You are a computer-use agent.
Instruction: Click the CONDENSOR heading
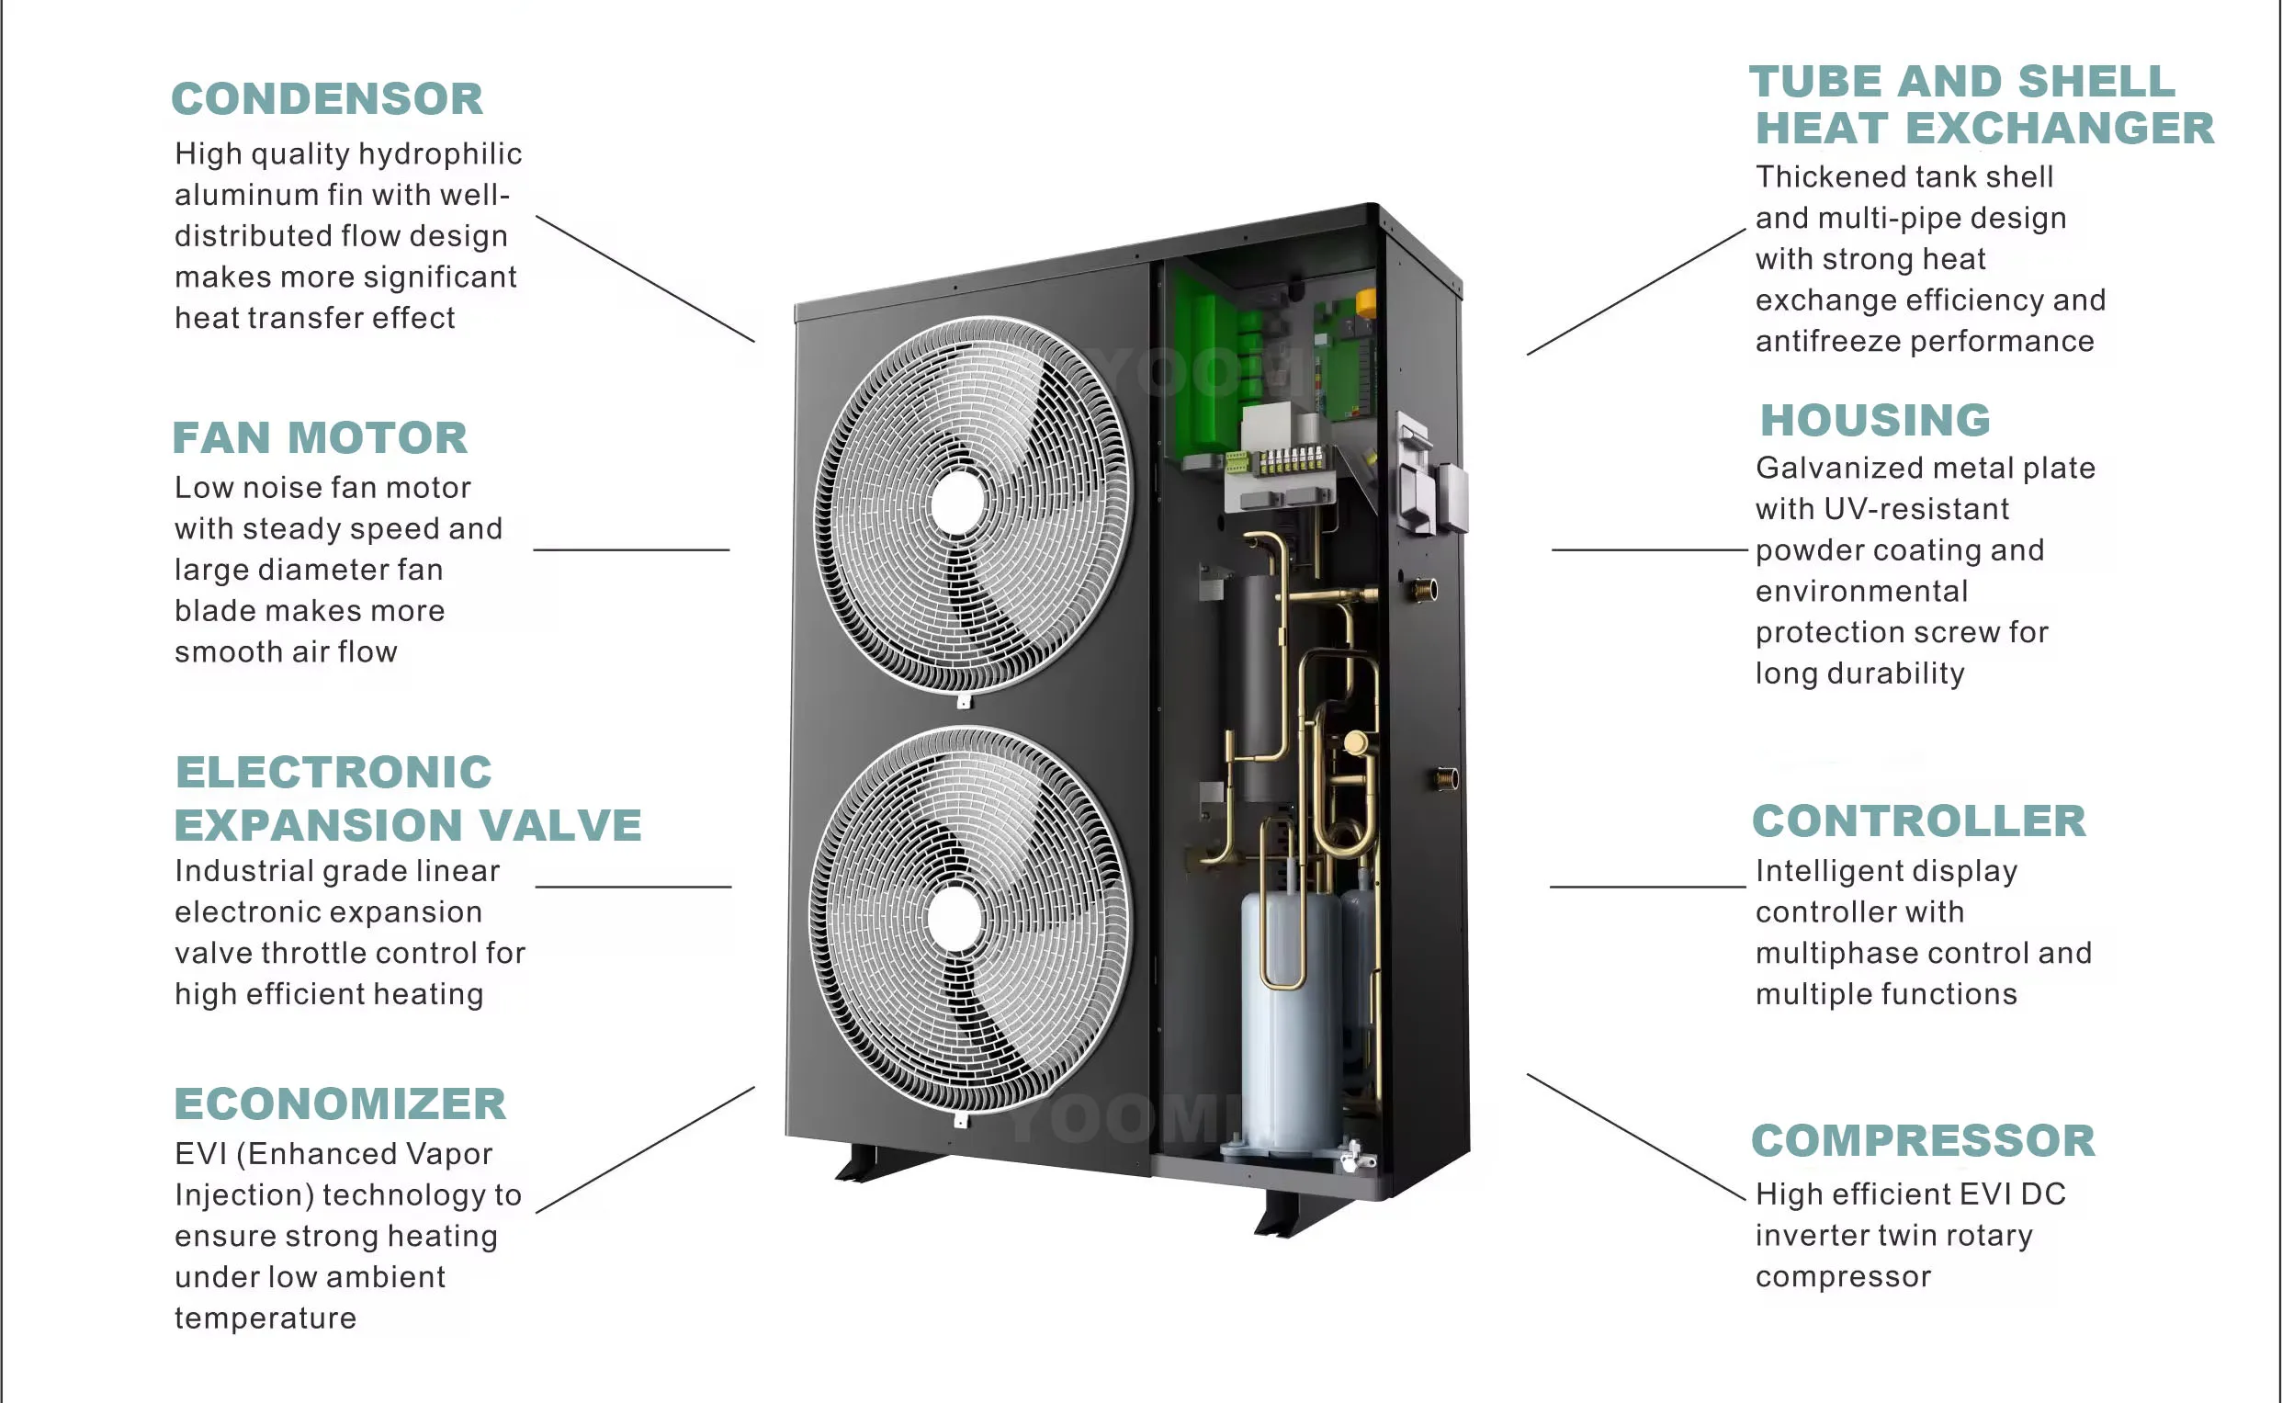[x=326, y=99]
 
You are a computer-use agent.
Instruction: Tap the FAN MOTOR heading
[x=320, y=438]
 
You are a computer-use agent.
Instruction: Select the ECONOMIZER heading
[x=340, y=1104]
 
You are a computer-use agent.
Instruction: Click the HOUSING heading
[x=1875, y=420]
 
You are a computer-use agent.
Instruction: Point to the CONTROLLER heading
[x=1918, y=821]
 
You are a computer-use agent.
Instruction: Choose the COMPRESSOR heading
[x=1922, y=1141]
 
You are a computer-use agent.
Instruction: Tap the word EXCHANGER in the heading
[x=2060, y=128]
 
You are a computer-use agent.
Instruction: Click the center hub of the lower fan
[x=955, y=919]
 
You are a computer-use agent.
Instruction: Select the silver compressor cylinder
[x=1290, y=1021]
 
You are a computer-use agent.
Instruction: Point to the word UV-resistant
[x=1915, y=509]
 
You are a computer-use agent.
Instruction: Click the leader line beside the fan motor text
[x=631, y=550]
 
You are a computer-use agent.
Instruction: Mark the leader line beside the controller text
[x=1647, y=887]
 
